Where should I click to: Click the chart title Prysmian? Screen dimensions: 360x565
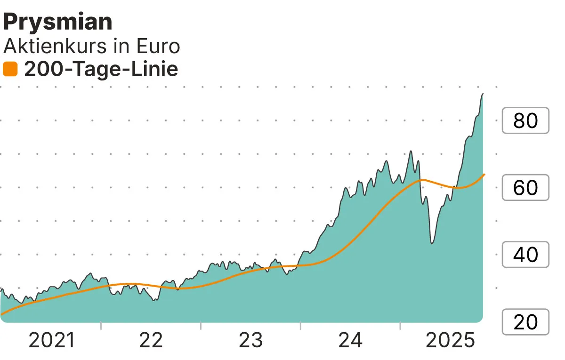pyautogui.click(x=58, y=22)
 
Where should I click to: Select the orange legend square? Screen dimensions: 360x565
pyautogui.click(x=10, y=70)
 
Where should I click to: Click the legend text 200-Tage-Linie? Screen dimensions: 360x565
pyautogui.click(x=101, y=70)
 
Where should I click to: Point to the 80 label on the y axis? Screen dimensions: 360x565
pyautogui.click(x=525, y=120)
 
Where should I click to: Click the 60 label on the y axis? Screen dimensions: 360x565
pyautogui.click(x=525, y=188)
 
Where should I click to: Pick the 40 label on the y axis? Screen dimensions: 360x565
pyautogui.click(x=525, y=255)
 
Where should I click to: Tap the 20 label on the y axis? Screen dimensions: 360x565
pyautogui.click(x=525, y=322)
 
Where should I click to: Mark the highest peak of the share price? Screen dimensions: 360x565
pyautogui.click(x=483, y=94)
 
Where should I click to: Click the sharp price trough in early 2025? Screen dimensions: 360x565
pyautogui.click(x=432, y=243)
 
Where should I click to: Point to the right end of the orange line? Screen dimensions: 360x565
pyautogui.click(x=484, y=175)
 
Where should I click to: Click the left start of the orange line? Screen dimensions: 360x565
pyautogui.click(x=1, y=314)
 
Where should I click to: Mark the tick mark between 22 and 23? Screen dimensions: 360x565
pyautogui.click(x=201, y=326)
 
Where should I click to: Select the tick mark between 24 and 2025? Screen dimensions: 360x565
pyautogui.click(x=400, y=326)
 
